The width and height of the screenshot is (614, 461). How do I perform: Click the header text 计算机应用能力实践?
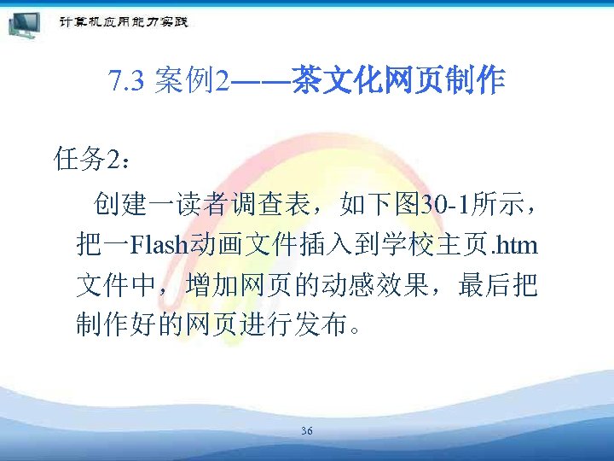pyautogui.click(x=124, y=21)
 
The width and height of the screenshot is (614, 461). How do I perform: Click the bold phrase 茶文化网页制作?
pyautogui.click(x=398, y=82)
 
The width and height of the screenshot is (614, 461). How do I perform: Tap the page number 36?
pyautogui.click(x=306, y=431)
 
